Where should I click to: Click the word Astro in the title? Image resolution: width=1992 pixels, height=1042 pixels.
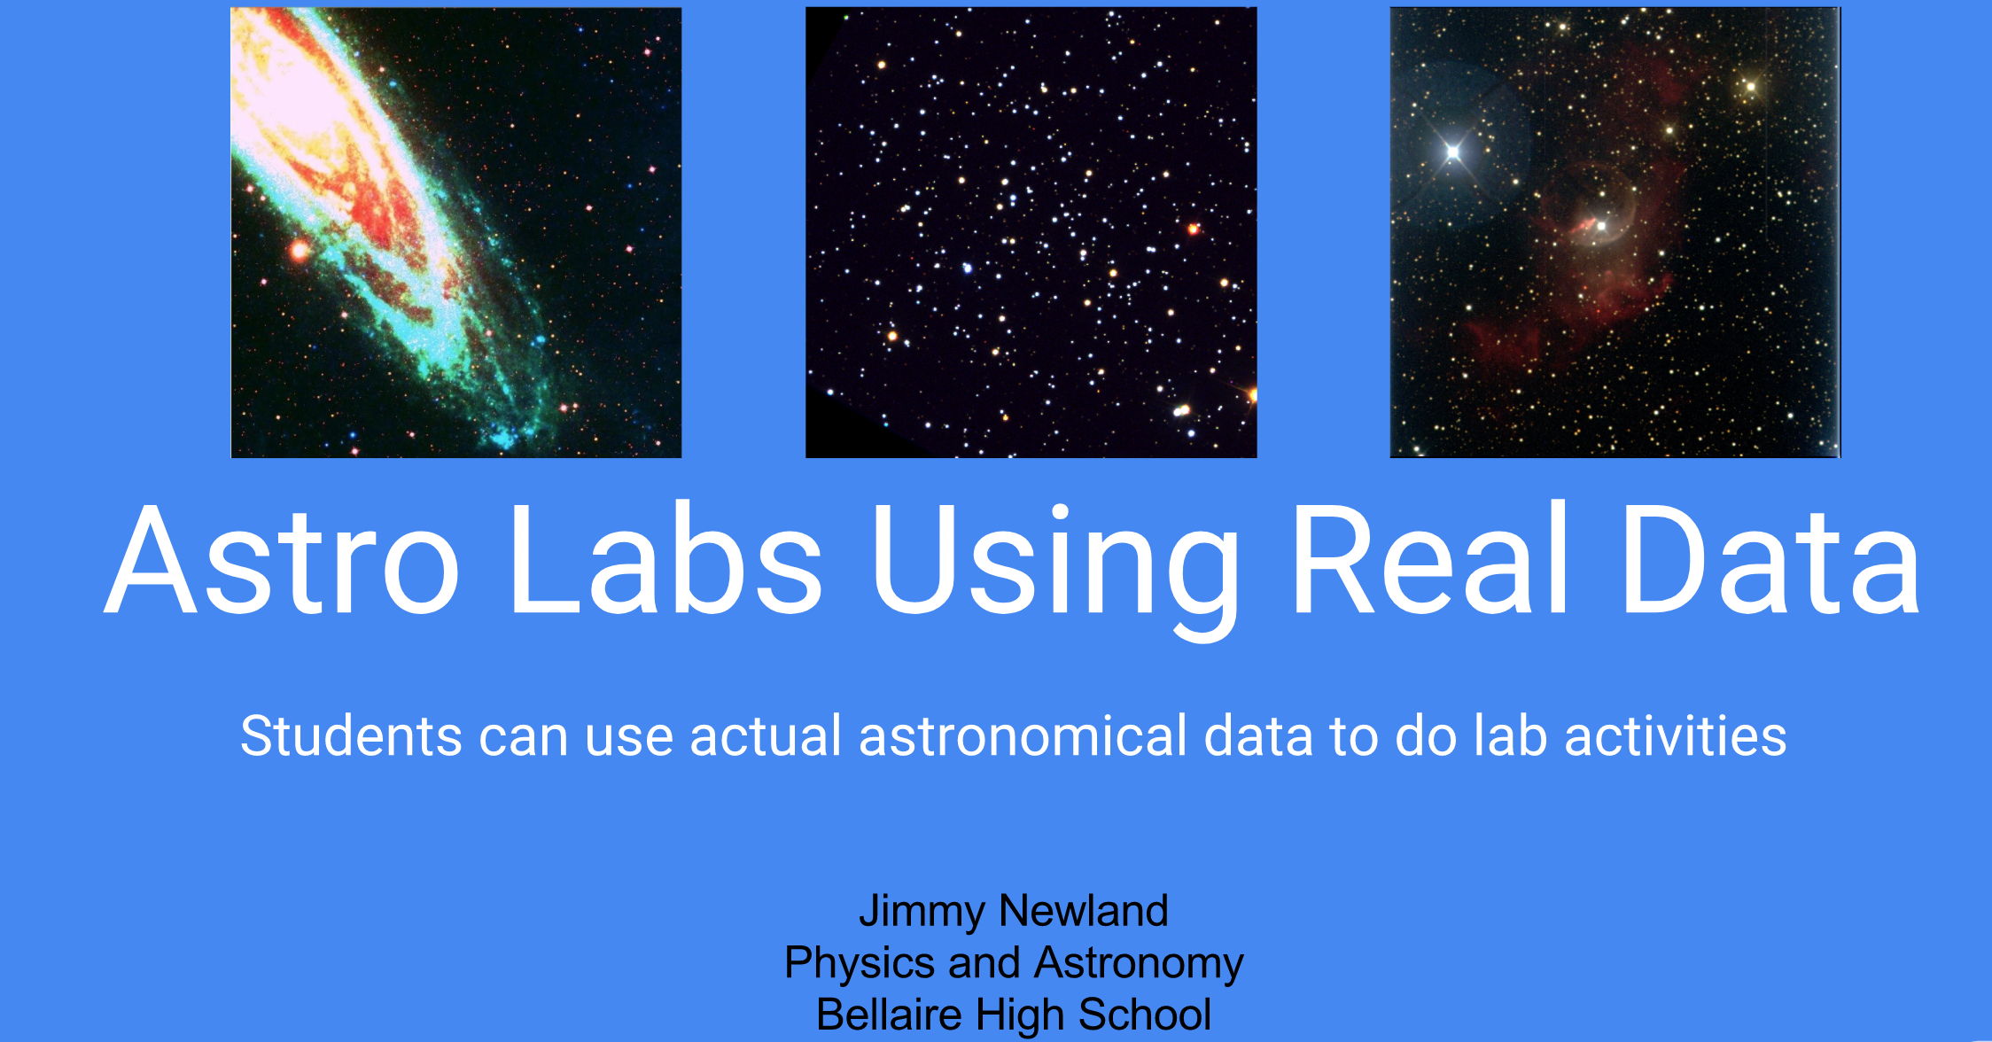click(282, 561)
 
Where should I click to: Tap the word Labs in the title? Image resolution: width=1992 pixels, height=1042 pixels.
click(665, 561)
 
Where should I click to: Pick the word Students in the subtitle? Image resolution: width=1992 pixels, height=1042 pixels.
click(351, 736)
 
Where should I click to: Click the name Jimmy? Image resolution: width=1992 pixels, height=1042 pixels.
click(922, 912)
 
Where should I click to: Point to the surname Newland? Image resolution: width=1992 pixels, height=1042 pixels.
click(1084, 911)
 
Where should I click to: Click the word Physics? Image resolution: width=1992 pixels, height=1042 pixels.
click(859, 964)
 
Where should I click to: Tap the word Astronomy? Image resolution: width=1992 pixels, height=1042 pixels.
click(1139, 964)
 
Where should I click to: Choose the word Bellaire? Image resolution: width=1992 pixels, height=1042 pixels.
click(889, 1015)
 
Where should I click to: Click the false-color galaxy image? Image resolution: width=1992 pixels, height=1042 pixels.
click(455, 232)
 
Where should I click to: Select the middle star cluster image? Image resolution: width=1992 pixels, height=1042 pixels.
click(1031, 232)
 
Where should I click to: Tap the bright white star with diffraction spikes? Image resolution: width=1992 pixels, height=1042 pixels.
click(1452, 152)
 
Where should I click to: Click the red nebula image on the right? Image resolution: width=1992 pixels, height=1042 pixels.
click(1615, 232)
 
